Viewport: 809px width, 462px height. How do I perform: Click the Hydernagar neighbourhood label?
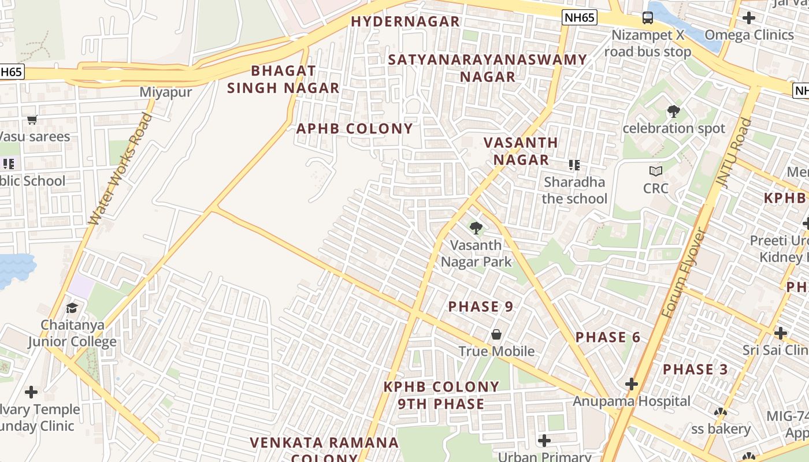(405, 22)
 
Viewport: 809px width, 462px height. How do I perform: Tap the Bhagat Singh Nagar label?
(283, 80)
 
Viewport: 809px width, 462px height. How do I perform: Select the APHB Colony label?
(354, 129)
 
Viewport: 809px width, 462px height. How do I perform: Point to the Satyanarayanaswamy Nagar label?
(487, 68)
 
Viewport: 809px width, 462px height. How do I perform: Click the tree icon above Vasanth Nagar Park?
(476, 228)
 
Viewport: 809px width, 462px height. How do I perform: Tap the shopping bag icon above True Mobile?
(496, 334)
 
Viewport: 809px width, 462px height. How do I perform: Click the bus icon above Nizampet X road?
(647, 18)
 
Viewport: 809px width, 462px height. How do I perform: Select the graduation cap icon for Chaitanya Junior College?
(72, 308)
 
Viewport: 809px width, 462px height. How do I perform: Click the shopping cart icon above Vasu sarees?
(32, 120)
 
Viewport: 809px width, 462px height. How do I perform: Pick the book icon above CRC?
(655, 171)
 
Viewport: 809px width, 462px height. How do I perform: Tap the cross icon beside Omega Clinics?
(748, 18)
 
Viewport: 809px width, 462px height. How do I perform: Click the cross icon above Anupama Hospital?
(631, 384)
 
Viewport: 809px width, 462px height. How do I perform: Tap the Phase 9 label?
(481, 307)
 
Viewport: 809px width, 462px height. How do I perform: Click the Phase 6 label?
(608, 337)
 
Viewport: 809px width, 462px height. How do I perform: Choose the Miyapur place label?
(166, 92)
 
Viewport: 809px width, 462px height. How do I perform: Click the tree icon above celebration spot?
(673, 111)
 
